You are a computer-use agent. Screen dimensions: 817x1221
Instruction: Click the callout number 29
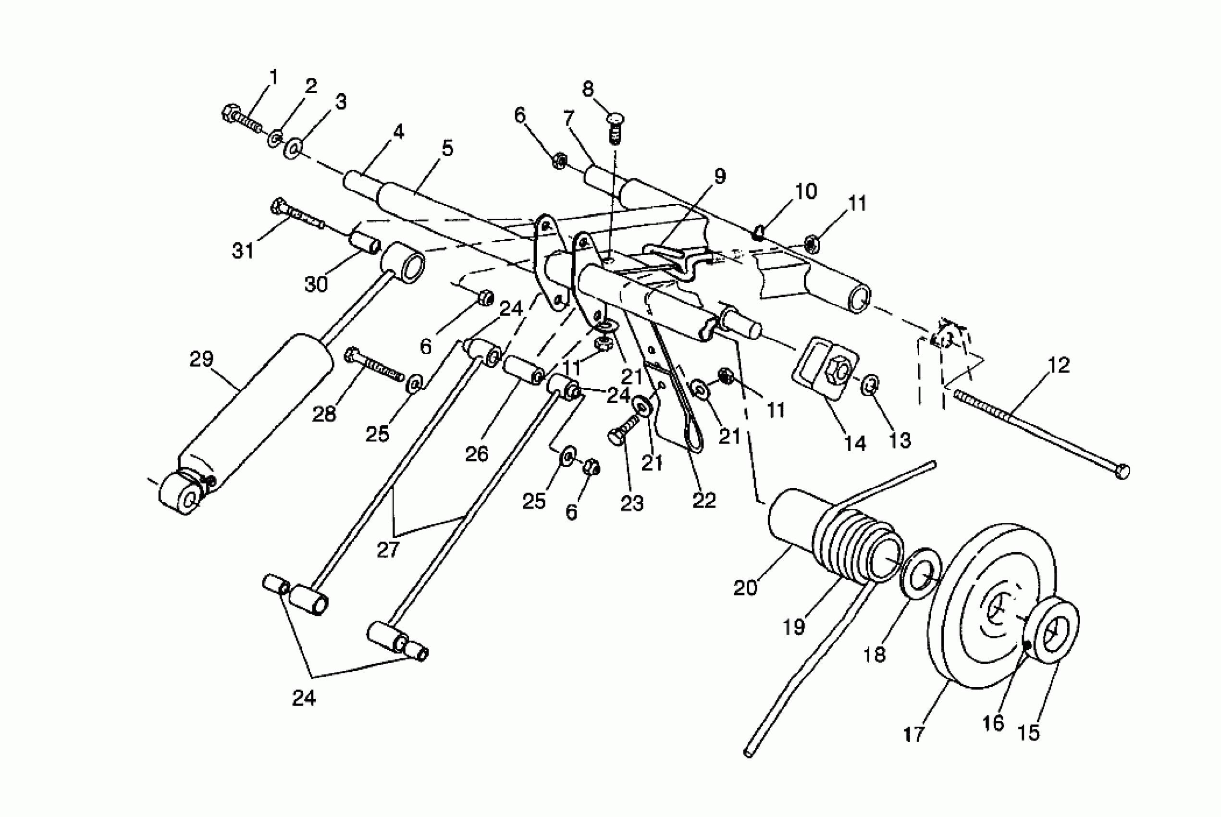coord(201,359)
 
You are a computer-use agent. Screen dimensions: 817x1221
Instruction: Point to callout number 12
coord(1058,365)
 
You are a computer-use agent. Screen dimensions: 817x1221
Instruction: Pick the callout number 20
coord(745,588)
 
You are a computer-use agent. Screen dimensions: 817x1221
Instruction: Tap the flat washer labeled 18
coord(921,573)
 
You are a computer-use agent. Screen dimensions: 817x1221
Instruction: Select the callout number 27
coord(388,550)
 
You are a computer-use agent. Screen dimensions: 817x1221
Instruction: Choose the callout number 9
coord(719,177)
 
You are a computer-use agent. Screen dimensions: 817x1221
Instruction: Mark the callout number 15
coord(1028,732)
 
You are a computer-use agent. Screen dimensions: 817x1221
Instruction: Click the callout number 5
coord(447,149)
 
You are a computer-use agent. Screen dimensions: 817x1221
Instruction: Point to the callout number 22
coord(704,500)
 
